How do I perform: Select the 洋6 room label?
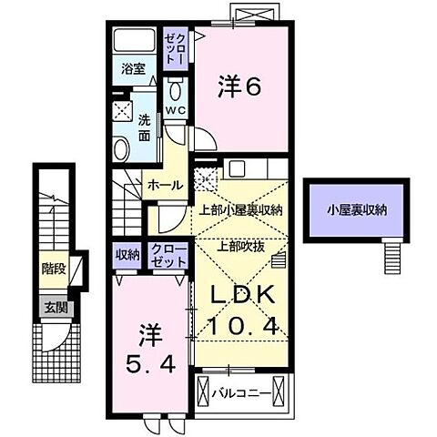pyautogui.click(x=239, y=87)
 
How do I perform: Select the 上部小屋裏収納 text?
pyautogui.click(x=240, y=210)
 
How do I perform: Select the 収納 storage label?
pyautogui.click(x=127, y=255)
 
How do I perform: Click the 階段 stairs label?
pyautogui.click(x=54, y=269)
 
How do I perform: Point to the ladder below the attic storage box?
pyautogui.click(x=392, y=259)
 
